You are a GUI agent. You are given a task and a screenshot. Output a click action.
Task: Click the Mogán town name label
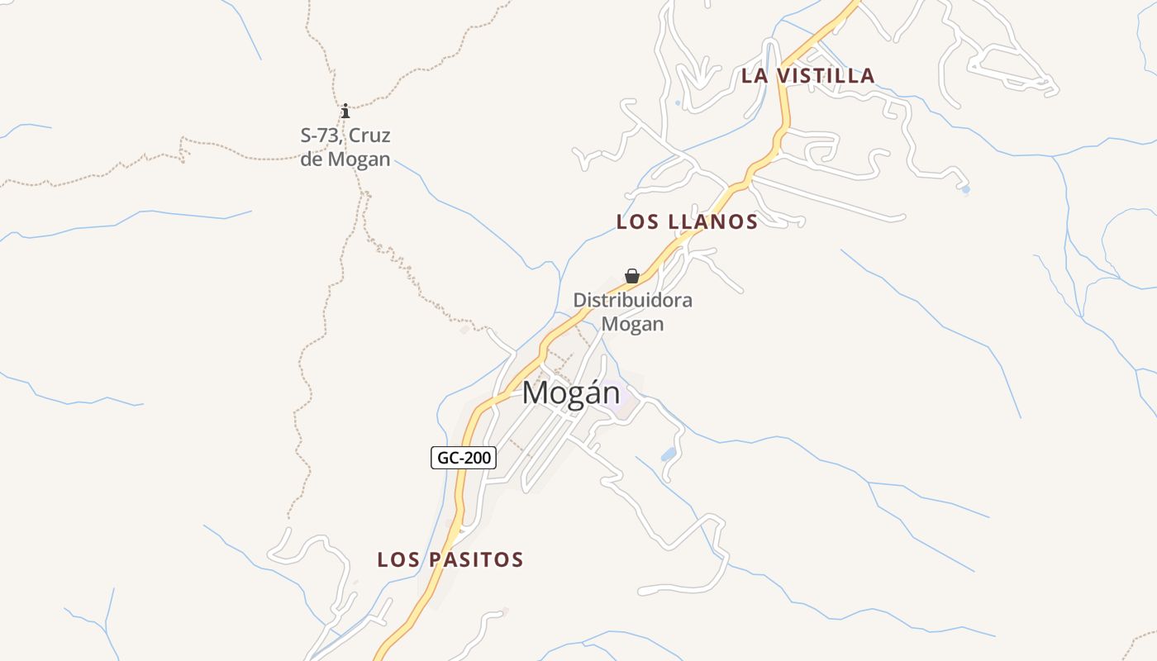570,392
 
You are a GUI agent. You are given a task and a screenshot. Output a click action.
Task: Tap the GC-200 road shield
464,457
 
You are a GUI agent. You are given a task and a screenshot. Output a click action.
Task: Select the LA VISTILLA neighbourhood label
807,76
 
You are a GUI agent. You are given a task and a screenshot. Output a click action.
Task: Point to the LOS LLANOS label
687,221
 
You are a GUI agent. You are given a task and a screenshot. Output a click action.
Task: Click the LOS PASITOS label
450,559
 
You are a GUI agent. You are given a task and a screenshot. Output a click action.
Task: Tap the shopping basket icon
632,276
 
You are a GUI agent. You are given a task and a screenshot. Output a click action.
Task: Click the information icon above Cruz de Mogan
345,111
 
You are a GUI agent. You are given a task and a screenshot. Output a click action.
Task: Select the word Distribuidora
632,300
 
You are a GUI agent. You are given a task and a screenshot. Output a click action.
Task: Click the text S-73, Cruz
345,136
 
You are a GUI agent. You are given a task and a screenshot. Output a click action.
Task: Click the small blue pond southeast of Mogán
668,454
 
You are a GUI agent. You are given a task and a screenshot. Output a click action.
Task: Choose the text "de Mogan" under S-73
345,159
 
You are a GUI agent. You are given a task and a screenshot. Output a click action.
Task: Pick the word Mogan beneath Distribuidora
632,323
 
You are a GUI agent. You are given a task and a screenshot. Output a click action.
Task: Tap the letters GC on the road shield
447,457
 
